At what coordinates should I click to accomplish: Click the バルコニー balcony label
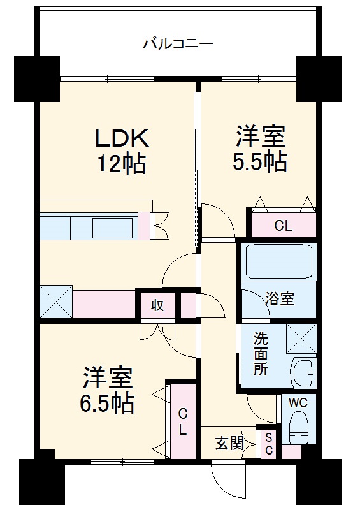click(x=178, y=44)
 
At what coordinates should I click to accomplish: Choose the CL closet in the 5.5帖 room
click(x=283, y=225)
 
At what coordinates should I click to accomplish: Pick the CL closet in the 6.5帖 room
click(x=182, y=421)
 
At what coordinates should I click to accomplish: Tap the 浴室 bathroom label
click(x=280, y=298)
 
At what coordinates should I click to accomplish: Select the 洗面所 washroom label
click(x=261, y=353)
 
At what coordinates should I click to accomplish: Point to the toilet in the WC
click(x=298, y=428)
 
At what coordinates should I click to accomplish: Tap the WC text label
click(x=298, y=402)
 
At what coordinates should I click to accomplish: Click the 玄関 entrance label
click(x=228, y=443)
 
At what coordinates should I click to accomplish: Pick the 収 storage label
click(x=157, y=305)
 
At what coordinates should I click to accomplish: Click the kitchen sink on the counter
click(x=113, y=226)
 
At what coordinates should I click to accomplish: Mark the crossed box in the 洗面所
click(x=301, y=339)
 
